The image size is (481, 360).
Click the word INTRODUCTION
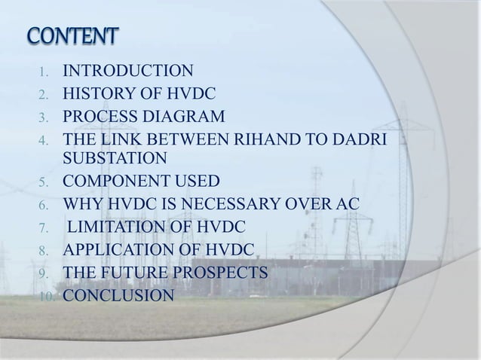(127, 72)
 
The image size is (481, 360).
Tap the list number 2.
(44, 95)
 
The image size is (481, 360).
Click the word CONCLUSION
(118, 294)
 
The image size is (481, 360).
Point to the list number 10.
(41, 294)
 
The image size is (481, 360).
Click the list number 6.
(44, 204)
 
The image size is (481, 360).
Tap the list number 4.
(44, 140)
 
